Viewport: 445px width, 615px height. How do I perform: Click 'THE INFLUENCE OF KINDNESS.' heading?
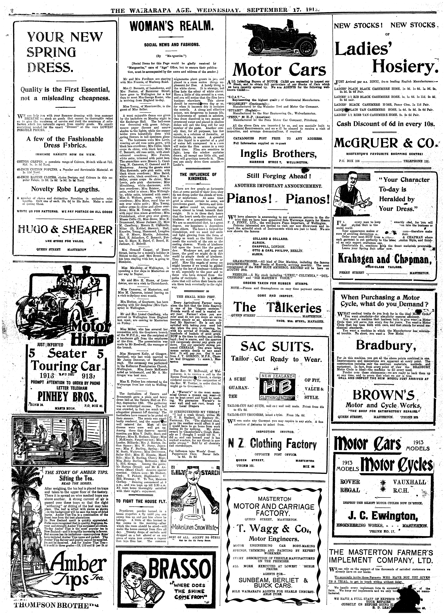[x=199, y=177]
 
